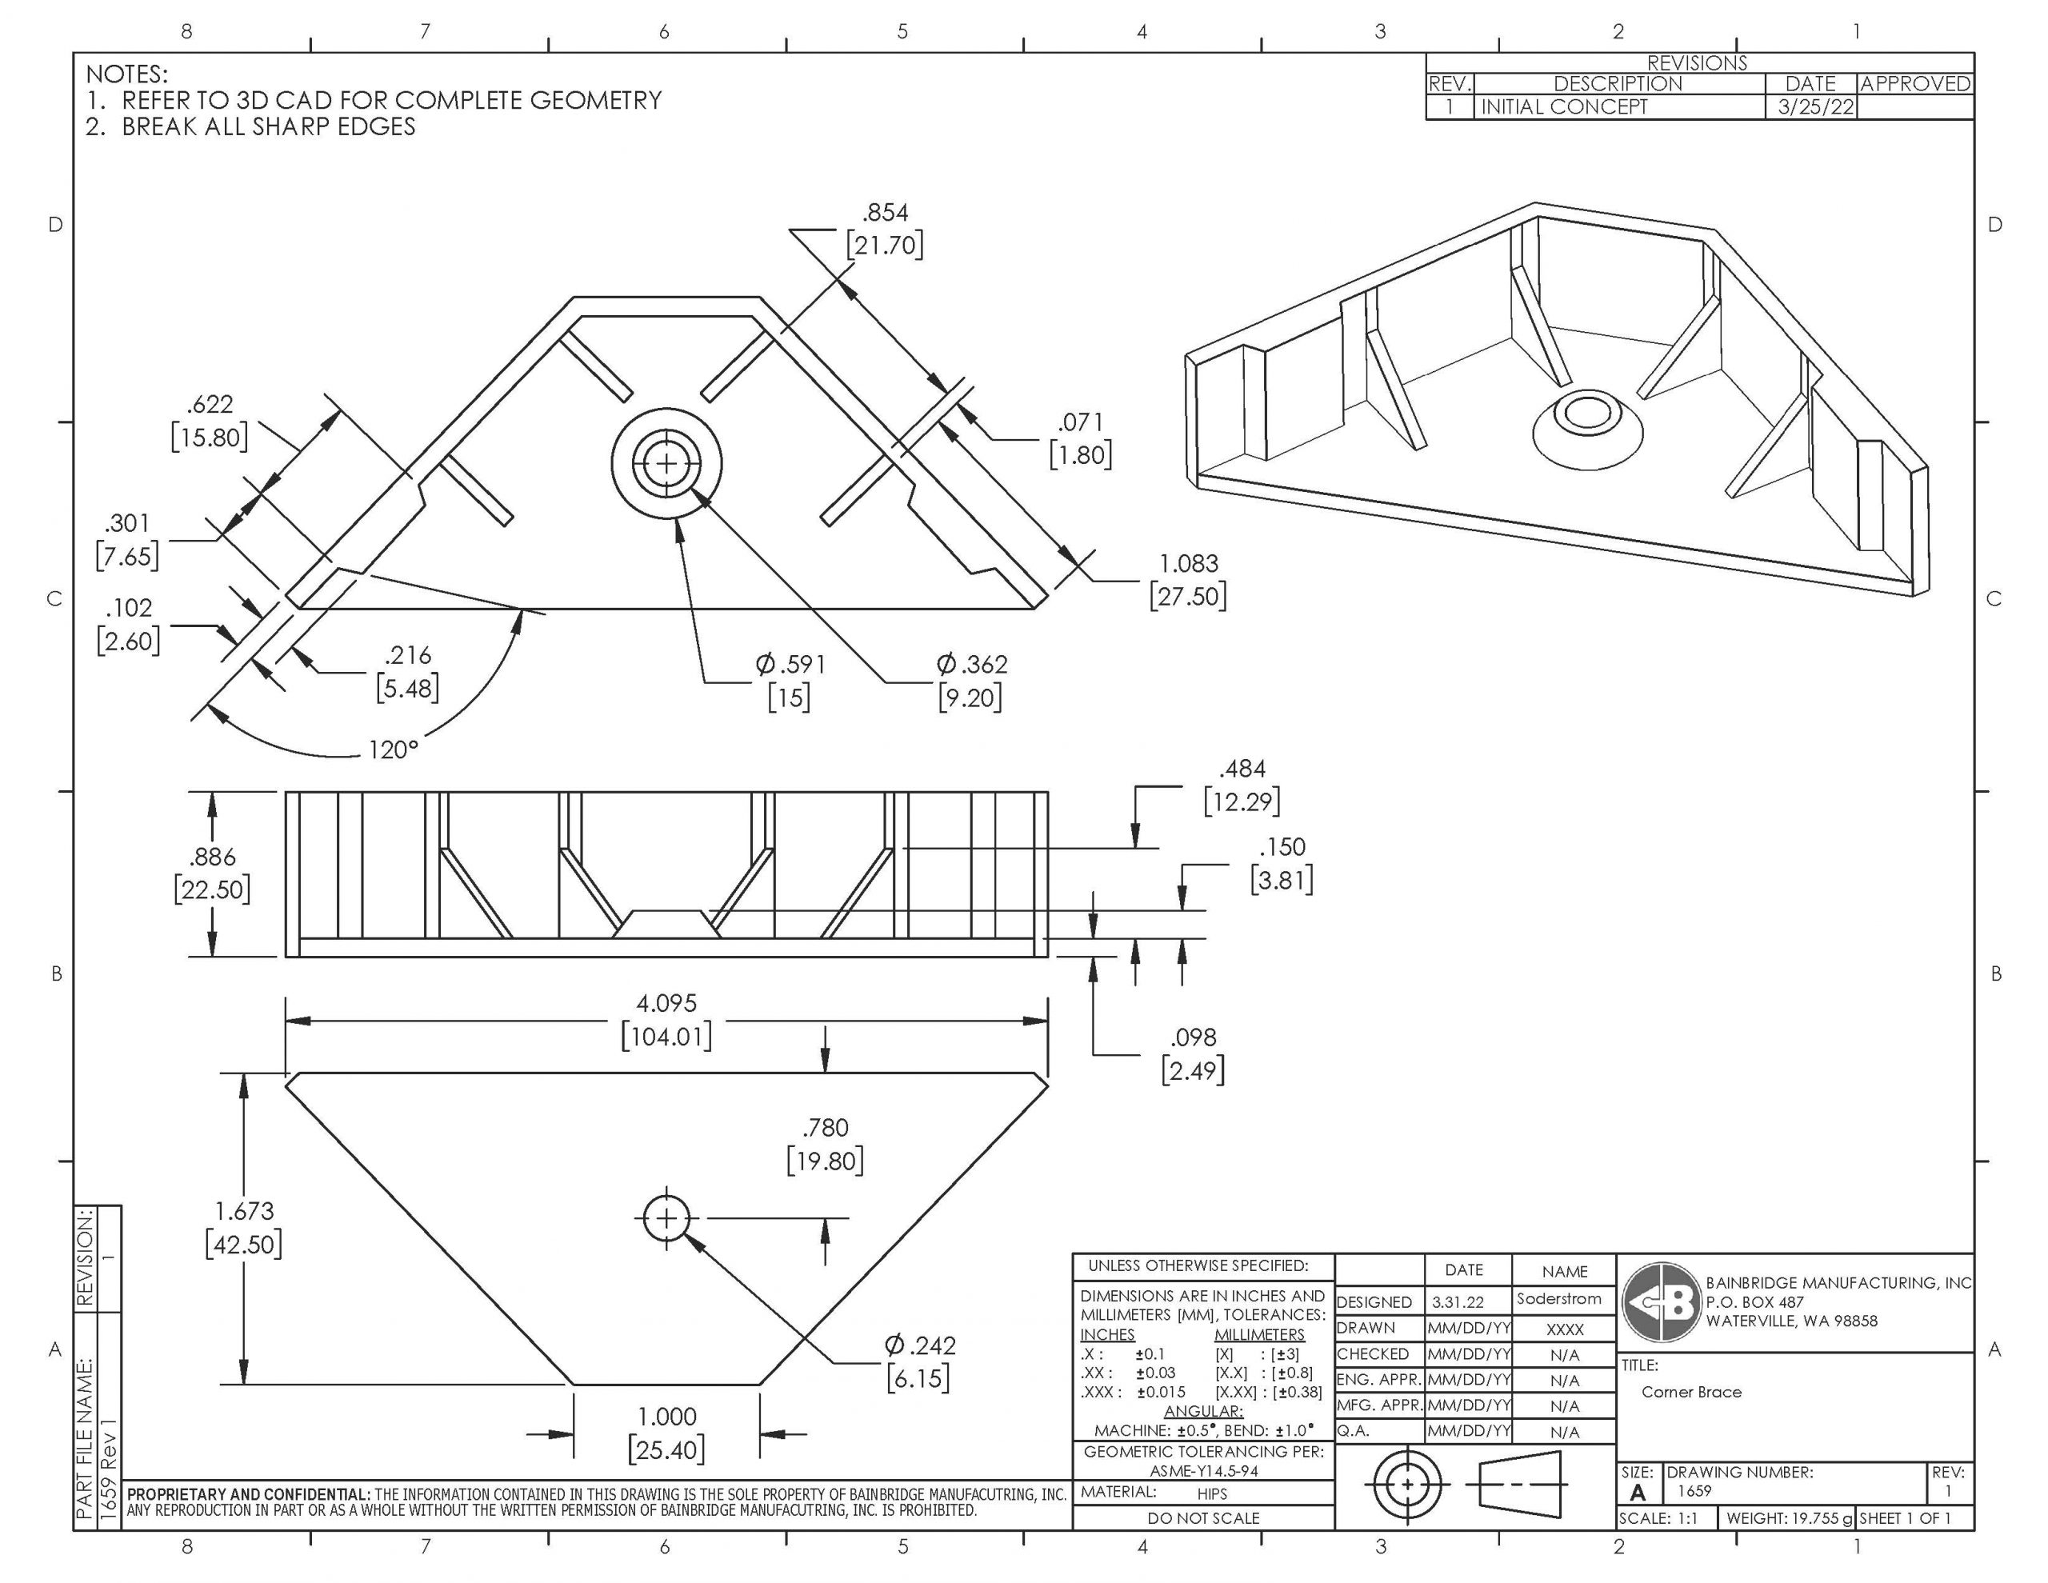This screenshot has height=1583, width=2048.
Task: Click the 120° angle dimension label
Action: pyautogui.click(x=393, y=750)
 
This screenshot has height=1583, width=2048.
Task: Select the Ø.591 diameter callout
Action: pyautogui.click(x=790, y=681)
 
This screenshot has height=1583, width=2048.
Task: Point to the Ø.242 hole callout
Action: pyautogui.click(x=919, y=1361)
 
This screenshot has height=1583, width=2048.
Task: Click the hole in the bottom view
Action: pyautogui.click(x=666, y=1218)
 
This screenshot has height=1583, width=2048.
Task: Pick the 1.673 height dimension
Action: pyautogui.click(x=244, y=1228)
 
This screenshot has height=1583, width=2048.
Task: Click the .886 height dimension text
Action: pyautogui.click(x=212, y=873)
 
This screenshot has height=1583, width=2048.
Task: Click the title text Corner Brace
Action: pyautogui.click(x=1690, y=1392)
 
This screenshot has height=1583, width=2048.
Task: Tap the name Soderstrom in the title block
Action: pyautogui.click(x=1558, y=1299)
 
